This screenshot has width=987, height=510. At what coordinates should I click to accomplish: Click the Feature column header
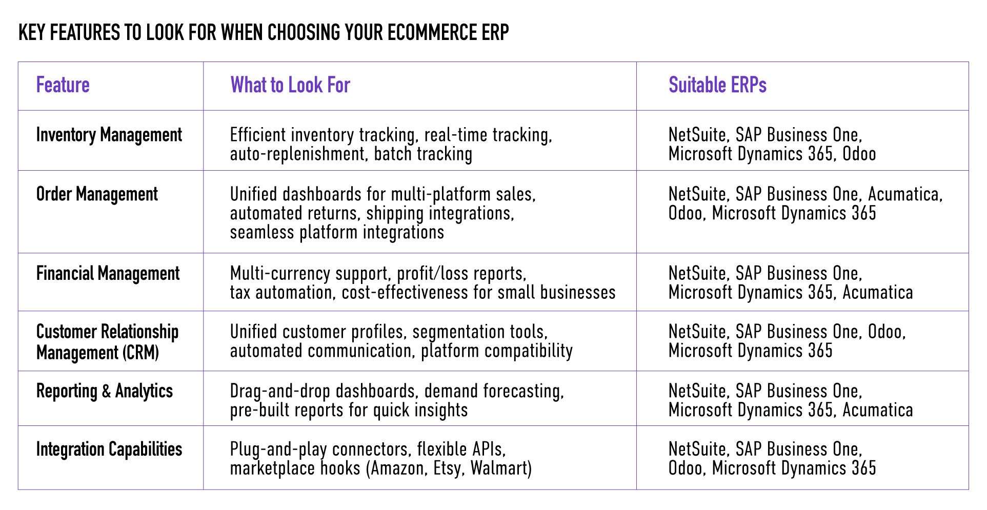63,85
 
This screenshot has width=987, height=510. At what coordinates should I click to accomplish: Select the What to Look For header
290,85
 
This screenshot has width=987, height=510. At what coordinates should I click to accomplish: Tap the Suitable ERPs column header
717,85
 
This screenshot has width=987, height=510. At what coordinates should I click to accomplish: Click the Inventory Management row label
109,135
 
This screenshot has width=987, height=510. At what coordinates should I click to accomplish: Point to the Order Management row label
97,195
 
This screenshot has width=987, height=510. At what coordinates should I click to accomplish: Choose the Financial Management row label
108,274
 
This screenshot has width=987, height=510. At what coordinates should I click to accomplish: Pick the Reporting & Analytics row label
105,391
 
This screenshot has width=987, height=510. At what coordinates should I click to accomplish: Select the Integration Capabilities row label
109,450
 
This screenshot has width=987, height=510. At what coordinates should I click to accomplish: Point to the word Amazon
397,468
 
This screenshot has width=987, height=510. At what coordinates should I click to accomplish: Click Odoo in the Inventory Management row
859,154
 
